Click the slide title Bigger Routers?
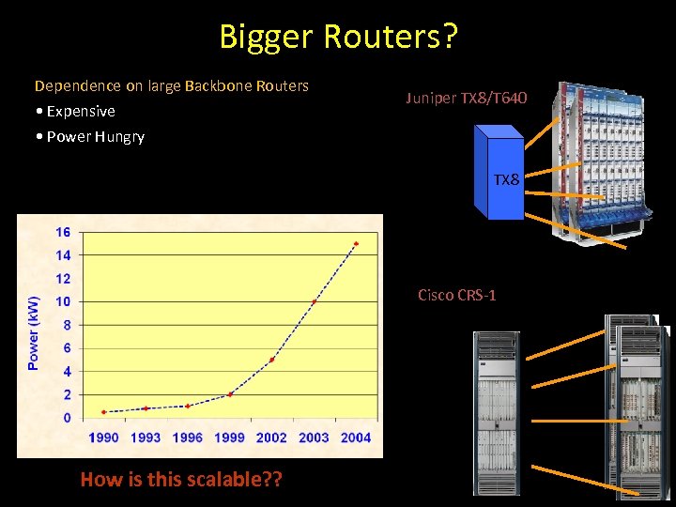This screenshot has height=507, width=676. pyautogui.click(x=338, y=36)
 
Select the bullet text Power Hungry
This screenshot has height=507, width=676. pyautogui.click(x=94, y=136)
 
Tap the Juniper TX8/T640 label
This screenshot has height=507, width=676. pyautogui.click(x=467, y=97)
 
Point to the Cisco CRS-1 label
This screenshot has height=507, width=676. pyautogui.click(x=456, y=296)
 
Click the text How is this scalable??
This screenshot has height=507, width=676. pyautogui.click(x=181, y=480)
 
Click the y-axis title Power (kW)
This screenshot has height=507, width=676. pyautogui.click(x=34, y=332)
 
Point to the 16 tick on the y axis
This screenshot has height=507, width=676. pyautogui.click(x=62, y=232)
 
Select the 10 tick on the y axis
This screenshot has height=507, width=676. pyautogui.click(x=62, y=301)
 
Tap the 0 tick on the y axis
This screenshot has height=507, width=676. pyautogui.click(x=66, y=418)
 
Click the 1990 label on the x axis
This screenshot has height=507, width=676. pyautogui.click(x=103, y=437)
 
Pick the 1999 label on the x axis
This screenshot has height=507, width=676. pyautogui.click(x=229, y=437)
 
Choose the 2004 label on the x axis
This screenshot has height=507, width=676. pyautogui.click(x=355, y=437)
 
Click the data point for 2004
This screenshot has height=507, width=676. pyautogui.click(x=355, y=244)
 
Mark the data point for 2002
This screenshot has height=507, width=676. pyautogui.click(x=271, y=360)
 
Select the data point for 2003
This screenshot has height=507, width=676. pyautogui.click(x=314, y=301)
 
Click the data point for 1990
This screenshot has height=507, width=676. pyautogui.click(x=103, y=412)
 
